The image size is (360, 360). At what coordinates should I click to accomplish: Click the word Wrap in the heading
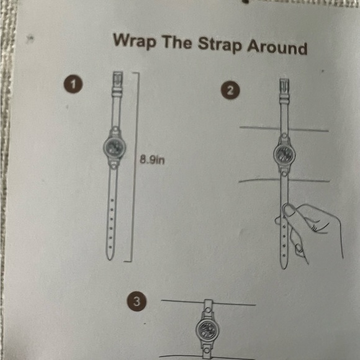pyautogui.click(x=134, y=41)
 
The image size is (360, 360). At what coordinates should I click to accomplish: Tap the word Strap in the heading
pyautogui.click(x=220, y=45)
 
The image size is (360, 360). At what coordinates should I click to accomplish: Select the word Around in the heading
pyautogui.click(x=277, y=47)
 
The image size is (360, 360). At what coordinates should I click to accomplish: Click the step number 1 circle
pyautogui.click(x=73, y=84)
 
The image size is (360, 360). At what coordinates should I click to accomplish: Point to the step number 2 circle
pyautogui.click(x=230, y=91)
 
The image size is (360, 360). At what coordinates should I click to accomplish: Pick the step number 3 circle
pyautogui.click(x=137, y=302)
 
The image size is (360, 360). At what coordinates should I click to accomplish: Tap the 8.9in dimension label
pyautogui.click(x=152, y=160)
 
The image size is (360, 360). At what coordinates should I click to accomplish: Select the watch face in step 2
pyautogui.click(x=284, y=153)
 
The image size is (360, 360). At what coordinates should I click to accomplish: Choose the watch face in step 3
pyautogui.click(x=207, y=329)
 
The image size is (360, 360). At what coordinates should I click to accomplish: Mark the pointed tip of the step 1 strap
pyautogui.click(x=110, y=260)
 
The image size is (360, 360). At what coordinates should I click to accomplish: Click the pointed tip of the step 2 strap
pyautogui.click(x=284, y=269)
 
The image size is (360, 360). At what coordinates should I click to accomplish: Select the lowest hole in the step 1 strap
pyautogui.click(x=110, y=247)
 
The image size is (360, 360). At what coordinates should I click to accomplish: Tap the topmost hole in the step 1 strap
pyautogui.click(x=112, y=200)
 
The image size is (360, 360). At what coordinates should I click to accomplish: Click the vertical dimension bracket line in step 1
pyautogui.click(x=135, y=167)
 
